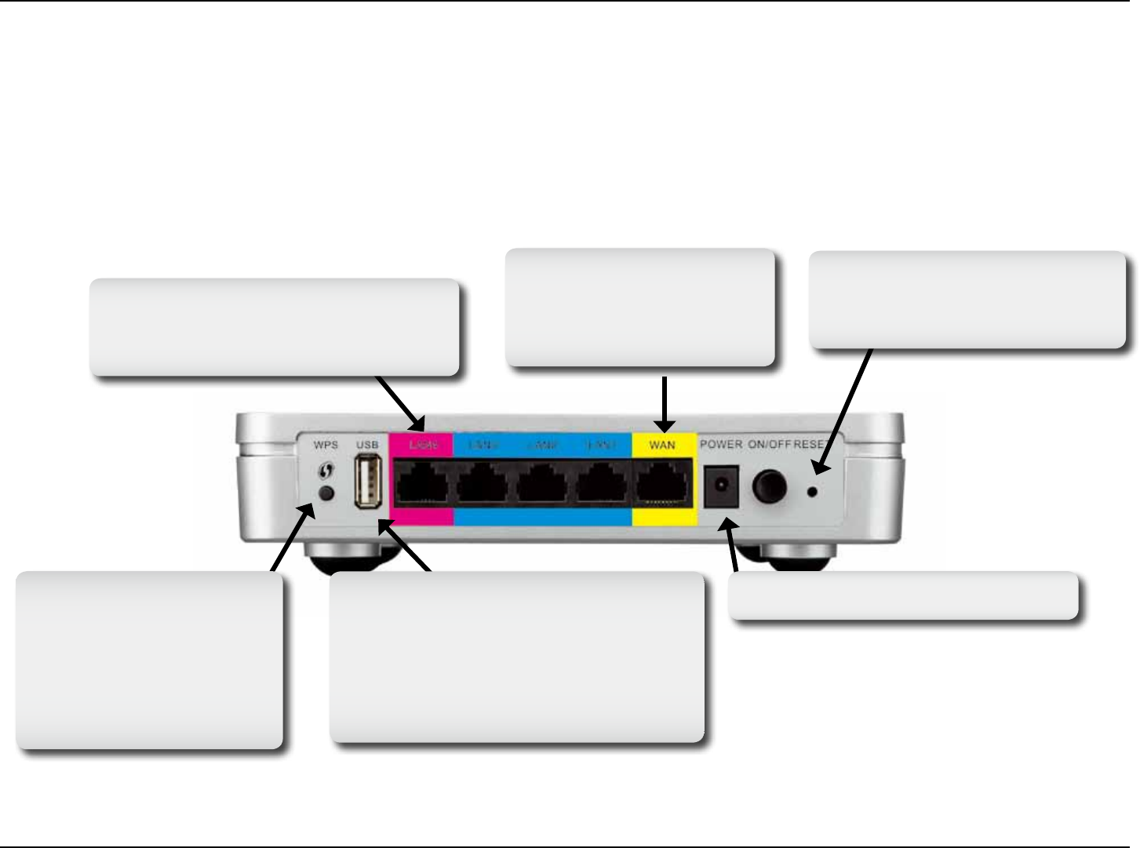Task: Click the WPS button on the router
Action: coord(326,493)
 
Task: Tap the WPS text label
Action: coord(326,445)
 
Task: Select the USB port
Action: coord(368,482)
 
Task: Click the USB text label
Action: coord(367,445)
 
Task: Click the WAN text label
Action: coord(662,445)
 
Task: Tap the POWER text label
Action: coord(721,444)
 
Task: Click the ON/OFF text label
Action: coord(769,444)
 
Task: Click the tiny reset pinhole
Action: coord(813,492)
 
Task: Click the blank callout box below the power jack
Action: coord(903,595)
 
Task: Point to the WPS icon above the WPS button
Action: coord(326,471)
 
